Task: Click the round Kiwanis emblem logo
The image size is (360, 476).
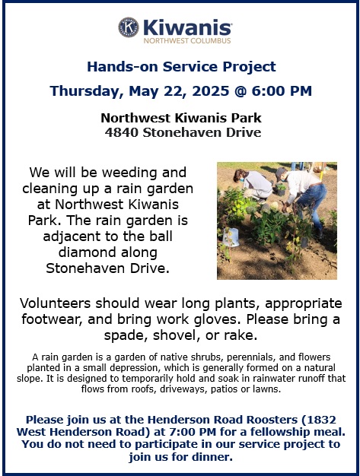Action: click(x=128, y=27)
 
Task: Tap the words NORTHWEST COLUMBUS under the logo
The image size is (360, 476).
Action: click(x=187, y=40)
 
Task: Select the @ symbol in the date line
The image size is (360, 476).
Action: click(x=241, y=90)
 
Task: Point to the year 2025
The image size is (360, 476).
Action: click(x=211, y=90)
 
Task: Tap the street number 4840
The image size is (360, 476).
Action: click(x=122, y=132)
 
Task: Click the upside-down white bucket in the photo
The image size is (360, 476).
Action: click(x=231, y=236)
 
